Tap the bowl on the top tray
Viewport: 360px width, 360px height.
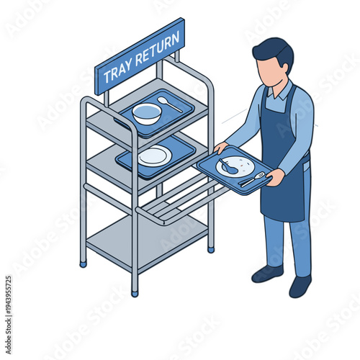coord(147,113)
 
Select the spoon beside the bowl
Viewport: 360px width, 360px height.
coord(169,103)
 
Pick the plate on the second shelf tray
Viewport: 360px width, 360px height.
coord(154,156)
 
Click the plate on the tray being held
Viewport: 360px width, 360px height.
coord(236,166)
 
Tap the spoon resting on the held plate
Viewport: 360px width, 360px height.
coord(227,166)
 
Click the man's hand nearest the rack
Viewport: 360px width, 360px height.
coord(220,148)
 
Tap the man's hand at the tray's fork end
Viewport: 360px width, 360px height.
coord(275,177)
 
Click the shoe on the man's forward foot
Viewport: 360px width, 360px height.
coord(267,274)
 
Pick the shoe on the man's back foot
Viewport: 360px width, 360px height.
coord(300,287)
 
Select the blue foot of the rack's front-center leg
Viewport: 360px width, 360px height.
coord(135,292)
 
